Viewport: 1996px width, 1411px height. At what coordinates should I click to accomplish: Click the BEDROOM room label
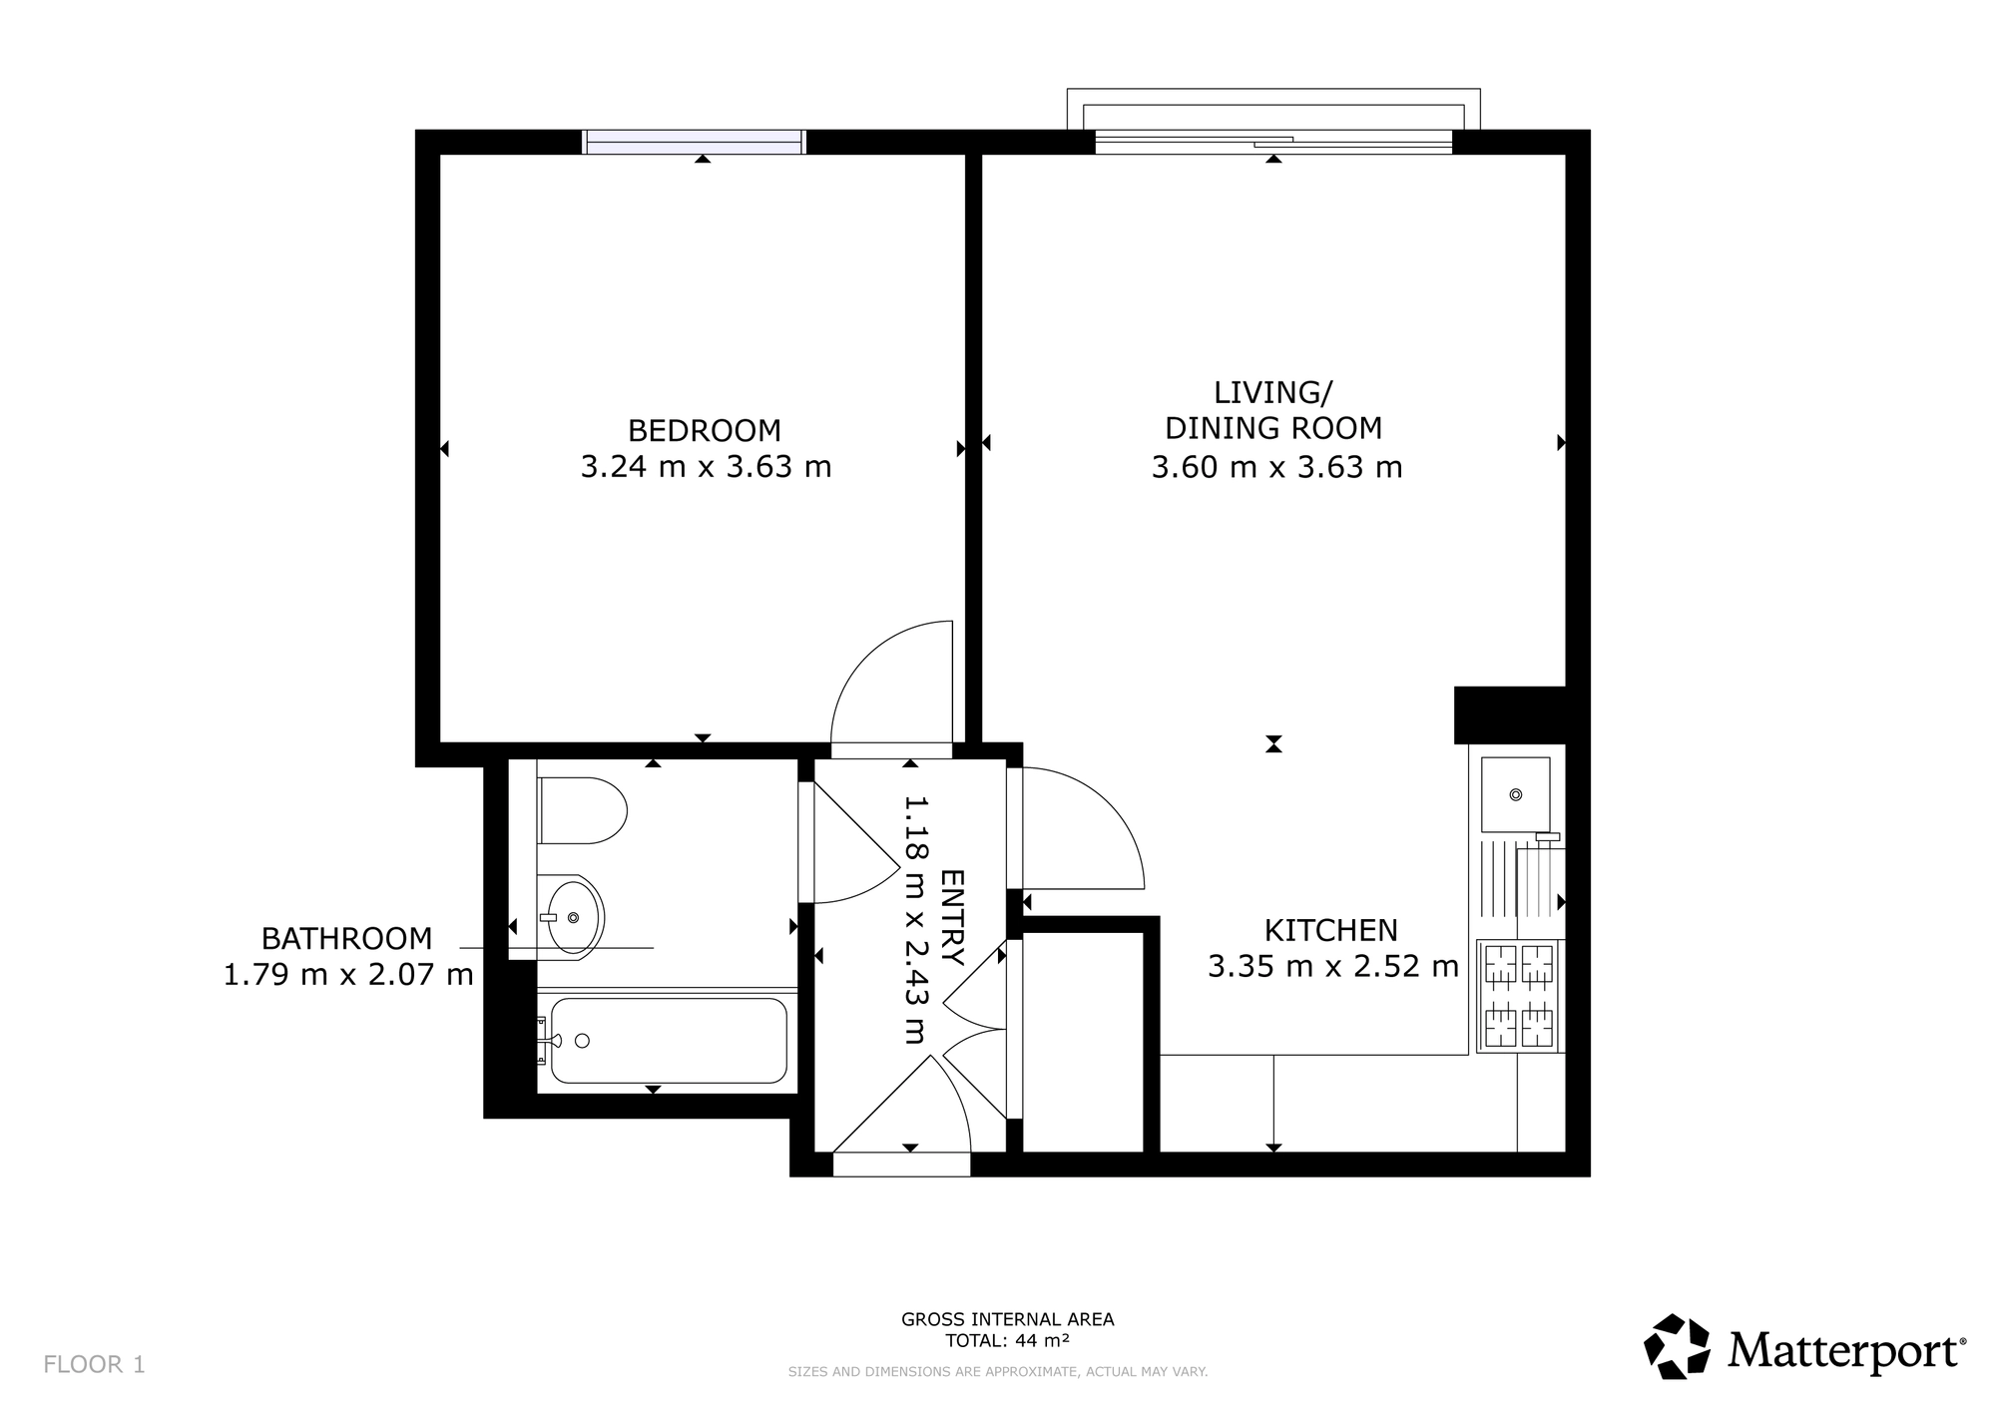click(704, 431)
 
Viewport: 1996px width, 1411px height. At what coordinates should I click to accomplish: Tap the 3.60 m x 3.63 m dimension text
click(1276, 468)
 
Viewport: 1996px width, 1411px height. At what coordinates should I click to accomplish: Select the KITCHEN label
click(1330, 931)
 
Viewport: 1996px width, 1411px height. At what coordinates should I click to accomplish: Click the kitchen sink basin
click(1515, 794)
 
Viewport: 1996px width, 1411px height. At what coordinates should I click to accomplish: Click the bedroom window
click(694, 142)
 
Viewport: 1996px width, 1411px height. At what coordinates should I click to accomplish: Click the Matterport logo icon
click(1678, 1347)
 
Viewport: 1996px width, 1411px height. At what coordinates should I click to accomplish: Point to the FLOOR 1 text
click(95, 1365)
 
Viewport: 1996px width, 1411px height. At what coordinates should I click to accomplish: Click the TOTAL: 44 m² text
click(1007, 1341)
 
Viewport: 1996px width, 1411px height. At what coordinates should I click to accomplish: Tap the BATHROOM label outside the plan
click(346, 939)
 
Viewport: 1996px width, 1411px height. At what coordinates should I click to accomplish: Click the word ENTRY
click(952, 917)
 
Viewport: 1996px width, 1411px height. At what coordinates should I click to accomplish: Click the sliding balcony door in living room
click(1272, 143)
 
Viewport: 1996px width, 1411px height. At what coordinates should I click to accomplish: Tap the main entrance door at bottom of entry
click(901, 1163)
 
